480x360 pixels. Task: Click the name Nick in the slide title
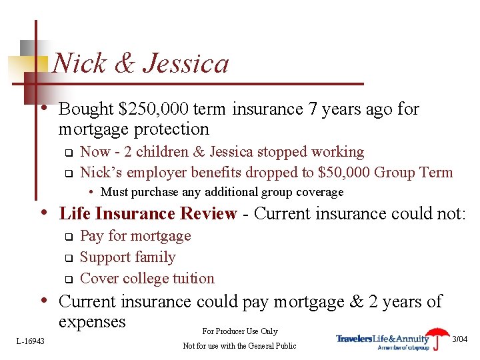click(x=75, y=64)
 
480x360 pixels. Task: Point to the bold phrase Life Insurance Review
click(x=148, y=214)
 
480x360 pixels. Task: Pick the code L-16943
click(x=30, y=341)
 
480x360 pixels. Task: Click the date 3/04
click(x=460, y=339)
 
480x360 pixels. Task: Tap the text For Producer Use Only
click(x=239, y=331)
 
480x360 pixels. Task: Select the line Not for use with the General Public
click(x=239, y=345)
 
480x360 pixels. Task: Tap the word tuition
click(x=193, y=279)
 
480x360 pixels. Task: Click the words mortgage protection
click(x=133, y=129)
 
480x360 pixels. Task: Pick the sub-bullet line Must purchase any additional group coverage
click(x=221, y=192)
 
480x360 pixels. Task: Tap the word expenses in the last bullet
click(x=92, y=322)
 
